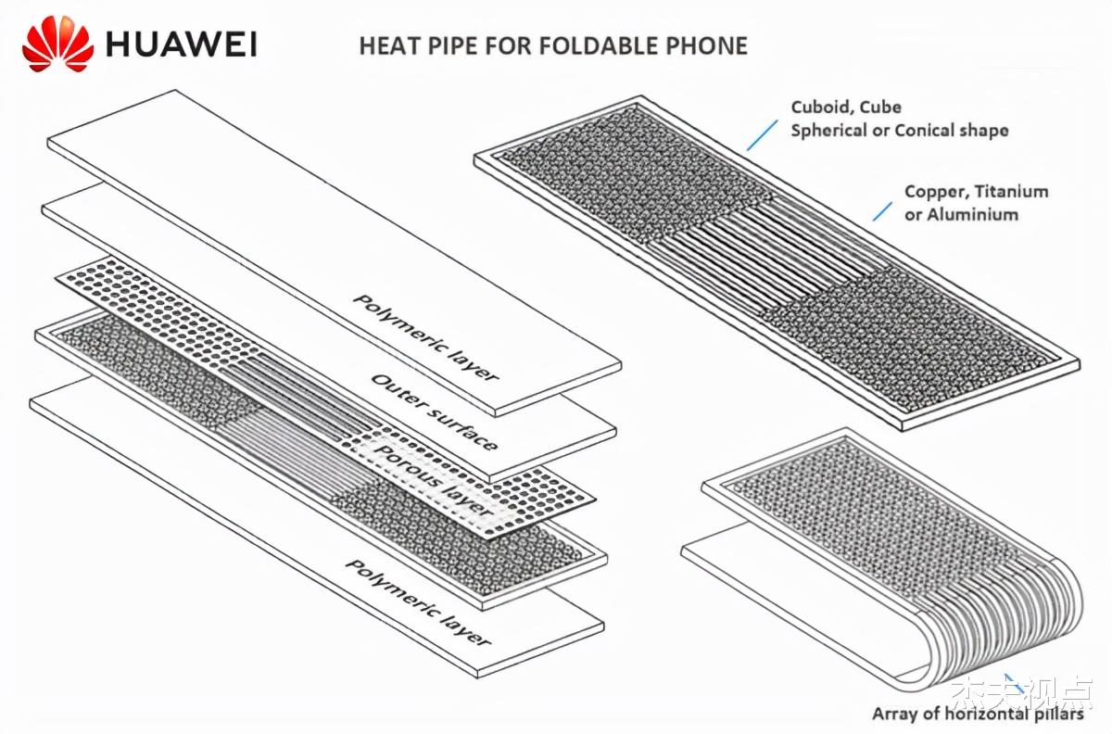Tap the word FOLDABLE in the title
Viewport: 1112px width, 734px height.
[583, 45]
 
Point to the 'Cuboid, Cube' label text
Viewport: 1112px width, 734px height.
[845, 108]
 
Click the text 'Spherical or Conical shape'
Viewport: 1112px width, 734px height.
[899, 130]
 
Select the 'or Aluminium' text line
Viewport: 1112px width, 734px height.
[961, 214]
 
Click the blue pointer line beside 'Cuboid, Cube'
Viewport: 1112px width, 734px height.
[762, 134]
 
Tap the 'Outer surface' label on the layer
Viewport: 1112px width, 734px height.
[434, 411]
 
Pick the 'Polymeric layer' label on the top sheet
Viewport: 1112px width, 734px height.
[426, 337]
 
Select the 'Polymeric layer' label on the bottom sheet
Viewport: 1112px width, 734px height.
[418, 601]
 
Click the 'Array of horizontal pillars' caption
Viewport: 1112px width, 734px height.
[977, 715]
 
